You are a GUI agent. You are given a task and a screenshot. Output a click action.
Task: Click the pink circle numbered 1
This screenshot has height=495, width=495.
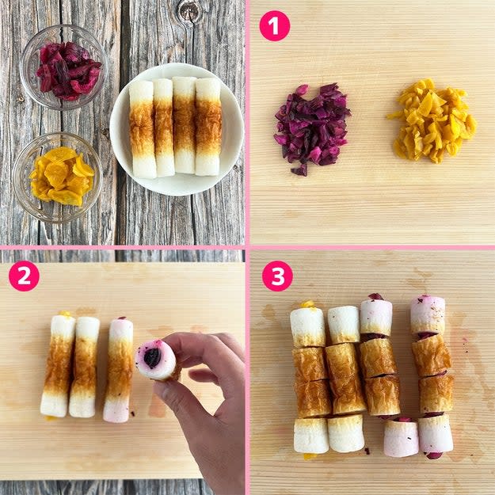[x=274, y=26]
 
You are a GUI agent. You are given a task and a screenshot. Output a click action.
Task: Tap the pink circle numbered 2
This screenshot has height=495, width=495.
[x=24, y=276]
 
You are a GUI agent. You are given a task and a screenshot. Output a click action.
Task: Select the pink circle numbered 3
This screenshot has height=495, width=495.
[x=277, y=276]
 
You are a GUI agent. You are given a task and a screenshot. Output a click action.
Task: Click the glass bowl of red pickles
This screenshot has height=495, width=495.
[x=63, y=67]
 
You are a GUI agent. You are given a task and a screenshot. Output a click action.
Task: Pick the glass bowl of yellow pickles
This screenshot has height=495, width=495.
[x=58, y=177]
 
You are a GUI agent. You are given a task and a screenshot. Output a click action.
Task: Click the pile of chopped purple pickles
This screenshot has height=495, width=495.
[x=311, y=128]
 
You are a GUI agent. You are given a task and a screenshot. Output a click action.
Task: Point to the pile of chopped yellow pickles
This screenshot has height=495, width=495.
[x=432, y=121]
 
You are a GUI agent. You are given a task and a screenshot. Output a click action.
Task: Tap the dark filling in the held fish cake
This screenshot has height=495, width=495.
[x=153, y=358]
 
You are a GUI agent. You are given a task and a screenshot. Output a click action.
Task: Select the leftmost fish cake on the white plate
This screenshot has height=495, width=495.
[x=142, y=129]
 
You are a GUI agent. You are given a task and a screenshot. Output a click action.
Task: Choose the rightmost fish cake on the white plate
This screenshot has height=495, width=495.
[x=208, y=126]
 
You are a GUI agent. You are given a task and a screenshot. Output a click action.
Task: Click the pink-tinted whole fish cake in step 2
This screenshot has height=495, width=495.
[x=118, y=370]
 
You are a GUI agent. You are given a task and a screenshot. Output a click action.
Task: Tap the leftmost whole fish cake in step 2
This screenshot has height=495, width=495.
[x=58, y=365]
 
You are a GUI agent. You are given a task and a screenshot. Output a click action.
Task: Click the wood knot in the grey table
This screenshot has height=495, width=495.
[x=189, y=11]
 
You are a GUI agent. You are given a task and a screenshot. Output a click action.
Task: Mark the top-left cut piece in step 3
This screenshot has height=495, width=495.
[x=307, y=327]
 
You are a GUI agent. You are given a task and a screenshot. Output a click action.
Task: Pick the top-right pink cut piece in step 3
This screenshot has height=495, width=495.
[x=428, y=315]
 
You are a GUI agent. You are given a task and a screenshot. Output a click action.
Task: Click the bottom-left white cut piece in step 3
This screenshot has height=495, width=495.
[x=311, y=436]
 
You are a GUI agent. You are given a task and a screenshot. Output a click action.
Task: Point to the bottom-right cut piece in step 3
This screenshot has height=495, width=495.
[x=436, y=434]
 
